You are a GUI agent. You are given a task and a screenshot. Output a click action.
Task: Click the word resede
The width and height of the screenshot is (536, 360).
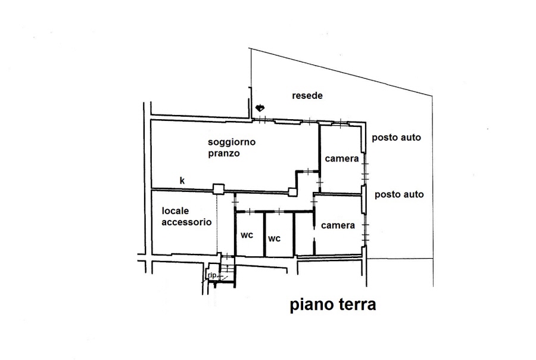[307, 95]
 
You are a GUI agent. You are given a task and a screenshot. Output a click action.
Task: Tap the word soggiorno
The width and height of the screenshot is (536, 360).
[232, 142]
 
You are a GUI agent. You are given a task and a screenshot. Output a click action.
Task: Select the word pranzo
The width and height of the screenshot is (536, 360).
[224, 153]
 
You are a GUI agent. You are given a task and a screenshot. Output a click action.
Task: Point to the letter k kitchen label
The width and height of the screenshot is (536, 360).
[182, 181]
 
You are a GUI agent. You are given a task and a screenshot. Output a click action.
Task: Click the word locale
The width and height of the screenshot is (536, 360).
[175, 211]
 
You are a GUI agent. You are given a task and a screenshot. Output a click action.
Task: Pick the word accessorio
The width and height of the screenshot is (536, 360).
[186, 222]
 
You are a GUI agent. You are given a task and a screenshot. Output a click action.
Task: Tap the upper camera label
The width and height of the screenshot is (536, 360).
[341, 159]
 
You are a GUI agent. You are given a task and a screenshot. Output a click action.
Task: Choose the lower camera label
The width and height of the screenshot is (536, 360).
[338, 225]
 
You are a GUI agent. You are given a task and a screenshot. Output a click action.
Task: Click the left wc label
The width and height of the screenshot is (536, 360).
[247, 235]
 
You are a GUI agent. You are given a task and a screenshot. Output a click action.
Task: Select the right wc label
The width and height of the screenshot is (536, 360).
[274, 238]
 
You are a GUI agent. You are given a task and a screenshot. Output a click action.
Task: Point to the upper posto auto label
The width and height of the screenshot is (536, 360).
[396, 138]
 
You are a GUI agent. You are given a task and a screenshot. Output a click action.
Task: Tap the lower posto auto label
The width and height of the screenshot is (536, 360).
[399, 195]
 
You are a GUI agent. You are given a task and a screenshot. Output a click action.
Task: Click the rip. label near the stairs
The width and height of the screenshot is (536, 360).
[212, 275]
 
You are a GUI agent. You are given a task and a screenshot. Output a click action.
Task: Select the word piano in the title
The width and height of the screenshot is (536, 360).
[311, 305]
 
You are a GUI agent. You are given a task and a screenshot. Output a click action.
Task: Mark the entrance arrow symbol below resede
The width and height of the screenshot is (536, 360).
[260, 108]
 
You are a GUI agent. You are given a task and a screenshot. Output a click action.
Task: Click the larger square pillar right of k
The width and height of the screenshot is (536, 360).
[219, 190]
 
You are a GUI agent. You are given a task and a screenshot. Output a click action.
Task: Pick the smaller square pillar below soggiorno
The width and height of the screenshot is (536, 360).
[292, 192]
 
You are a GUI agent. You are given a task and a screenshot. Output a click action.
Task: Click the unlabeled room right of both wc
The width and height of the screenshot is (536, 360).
[304, 234]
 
